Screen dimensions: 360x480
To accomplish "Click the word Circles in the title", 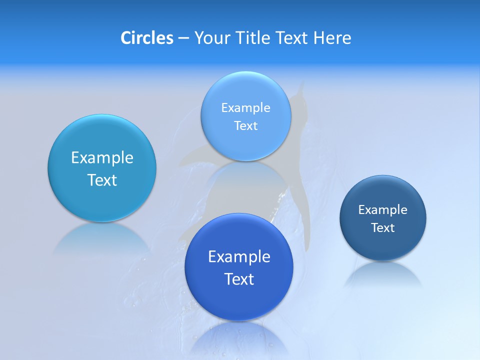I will pos(147,38).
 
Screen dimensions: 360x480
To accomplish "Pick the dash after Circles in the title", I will pos(183,38).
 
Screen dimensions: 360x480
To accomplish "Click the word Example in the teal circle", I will pos(102,157).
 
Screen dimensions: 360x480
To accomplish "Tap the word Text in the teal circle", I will pos(102,180).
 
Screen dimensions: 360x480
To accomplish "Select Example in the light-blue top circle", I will pos(245,107).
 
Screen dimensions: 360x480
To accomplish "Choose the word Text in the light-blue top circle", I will pos(245,125).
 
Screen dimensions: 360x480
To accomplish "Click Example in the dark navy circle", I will pos(382,209).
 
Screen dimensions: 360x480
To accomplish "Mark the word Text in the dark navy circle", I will pos(383,227).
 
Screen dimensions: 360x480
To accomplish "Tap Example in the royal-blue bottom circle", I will pos(239,256).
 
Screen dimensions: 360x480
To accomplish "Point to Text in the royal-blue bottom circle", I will pos(239,279).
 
